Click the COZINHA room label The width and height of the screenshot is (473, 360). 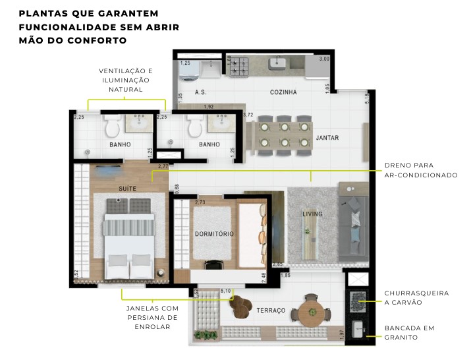283,92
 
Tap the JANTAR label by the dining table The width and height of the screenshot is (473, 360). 327,138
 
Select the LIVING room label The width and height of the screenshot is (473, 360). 312,214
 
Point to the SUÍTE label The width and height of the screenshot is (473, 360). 128,189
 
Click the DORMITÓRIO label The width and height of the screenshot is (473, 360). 214,234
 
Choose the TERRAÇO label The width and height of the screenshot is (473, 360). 271,310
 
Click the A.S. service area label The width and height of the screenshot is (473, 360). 201,93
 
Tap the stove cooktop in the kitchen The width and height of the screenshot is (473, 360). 237,65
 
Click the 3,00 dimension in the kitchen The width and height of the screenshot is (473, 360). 323,59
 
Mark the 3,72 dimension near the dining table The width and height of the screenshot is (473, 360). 248,115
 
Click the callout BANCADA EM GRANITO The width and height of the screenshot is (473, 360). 410,333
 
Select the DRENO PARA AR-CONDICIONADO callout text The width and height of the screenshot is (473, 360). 421,170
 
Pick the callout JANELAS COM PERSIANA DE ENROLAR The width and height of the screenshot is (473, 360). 152,317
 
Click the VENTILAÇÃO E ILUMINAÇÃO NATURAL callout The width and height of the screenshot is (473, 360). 126,80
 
